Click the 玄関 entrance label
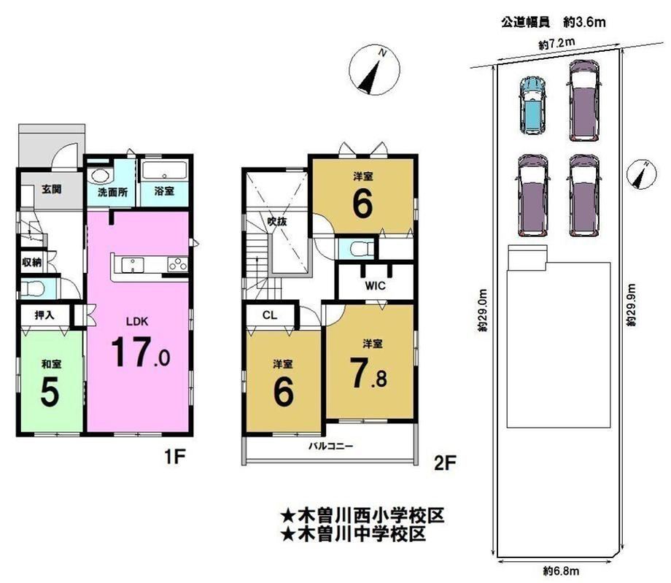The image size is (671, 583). pyautogui.click(x=51, y=189)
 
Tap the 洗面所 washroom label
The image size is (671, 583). pyautogui.click(x=112, y=192)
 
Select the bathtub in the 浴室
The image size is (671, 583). pyautogui.click(x=164, y=171)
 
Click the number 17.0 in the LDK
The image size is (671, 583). pyautogui.click(x=140, y=352)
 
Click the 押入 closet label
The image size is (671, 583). pyautogui.click(x=44, y=315)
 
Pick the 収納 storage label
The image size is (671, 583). pyautogui.click(x=32, y=262)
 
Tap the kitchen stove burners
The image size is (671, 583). pyautogui.click(x=177, y=264)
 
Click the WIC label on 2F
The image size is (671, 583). pyautogui.click(x=375, y=285)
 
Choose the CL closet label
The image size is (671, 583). pyautogui.click(x=270, y=315)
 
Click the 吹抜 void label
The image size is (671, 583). pyautogui.click(x=277, y=221)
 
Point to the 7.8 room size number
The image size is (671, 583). pyautogui.click(x=368, y=374)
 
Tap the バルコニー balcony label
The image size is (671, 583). pyautogui.click(x=331, y=446)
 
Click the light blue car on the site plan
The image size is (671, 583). pyautogui.click(x=532, y=104)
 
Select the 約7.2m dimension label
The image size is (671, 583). pyautogui.click(x=556, y=44)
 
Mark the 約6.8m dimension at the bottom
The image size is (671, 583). pyautogui.click(x=561, y=571)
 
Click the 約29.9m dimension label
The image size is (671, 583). pyautogui.click(x=632, y=305)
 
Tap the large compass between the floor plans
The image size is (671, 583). pyautogui.click(x=374, y=70)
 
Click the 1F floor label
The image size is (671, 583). pyautogui.click(x=174, y=457)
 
